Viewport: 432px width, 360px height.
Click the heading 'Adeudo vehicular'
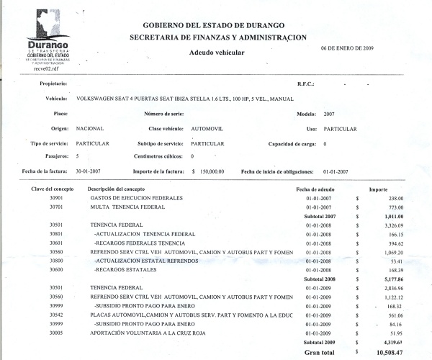[217, 53]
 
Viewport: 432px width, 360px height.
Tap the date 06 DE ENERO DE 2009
[347, 48]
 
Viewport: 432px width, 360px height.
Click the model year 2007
[329, 114]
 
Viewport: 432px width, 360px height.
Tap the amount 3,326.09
[395, 225]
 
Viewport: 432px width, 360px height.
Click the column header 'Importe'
[379, 188]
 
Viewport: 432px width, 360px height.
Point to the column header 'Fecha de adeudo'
[317, 188]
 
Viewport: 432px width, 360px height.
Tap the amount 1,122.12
[395, 296]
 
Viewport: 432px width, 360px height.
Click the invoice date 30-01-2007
[91, 172]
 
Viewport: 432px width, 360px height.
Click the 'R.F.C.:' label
[307, 84]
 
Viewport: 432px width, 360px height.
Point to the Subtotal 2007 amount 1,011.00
[395, 216]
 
